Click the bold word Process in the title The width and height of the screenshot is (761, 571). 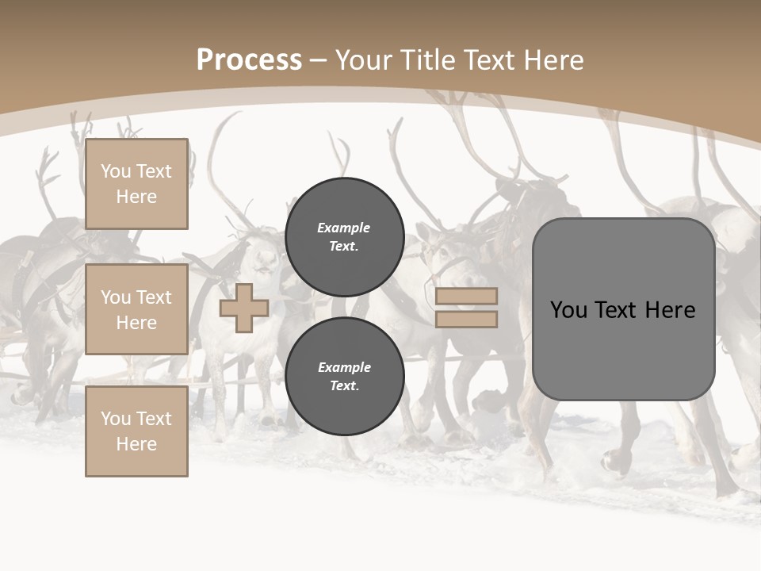249,60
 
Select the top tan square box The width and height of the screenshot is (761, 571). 136,184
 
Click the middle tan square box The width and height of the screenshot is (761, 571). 136,309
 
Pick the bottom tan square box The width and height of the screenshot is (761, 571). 136,431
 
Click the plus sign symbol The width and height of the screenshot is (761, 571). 244,308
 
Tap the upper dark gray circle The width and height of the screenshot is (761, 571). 344,237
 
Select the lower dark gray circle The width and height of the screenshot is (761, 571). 344,377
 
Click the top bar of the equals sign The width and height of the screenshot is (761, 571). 466,297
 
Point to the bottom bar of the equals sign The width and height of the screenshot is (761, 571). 466,319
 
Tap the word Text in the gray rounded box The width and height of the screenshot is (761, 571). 623,310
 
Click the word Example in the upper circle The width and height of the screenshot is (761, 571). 344,228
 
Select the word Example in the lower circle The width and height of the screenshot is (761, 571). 344,367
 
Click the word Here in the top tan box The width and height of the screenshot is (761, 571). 136,197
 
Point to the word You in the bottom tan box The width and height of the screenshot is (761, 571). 116,419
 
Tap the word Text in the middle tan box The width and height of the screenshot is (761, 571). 154,297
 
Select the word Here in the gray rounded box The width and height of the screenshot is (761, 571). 671,310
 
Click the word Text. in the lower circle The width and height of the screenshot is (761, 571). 344,386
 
